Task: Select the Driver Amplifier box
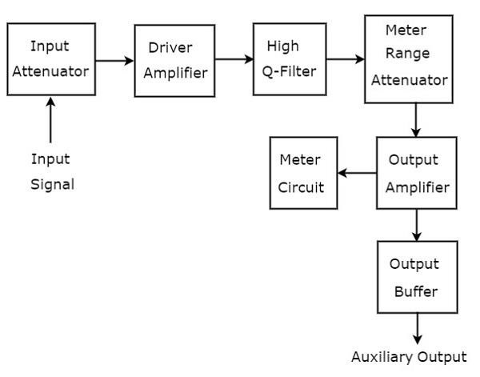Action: point(174,60)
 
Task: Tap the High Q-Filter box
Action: point(290,60)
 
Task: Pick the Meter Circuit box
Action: point(303,173)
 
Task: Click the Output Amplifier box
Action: point(417,173)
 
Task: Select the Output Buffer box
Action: point(417,277)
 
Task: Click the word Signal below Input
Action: point(52,184)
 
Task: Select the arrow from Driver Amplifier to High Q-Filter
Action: point(234,59)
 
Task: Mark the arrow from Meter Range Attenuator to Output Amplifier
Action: point(417,120)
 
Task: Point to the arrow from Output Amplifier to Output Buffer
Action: point(417,225)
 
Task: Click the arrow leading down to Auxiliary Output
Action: point(417,329)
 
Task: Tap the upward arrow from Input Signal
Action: point(51,120)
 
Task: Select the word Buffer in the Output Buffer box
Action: point(416,291)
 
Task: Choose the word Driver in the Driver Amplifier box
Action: point(170,46)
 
